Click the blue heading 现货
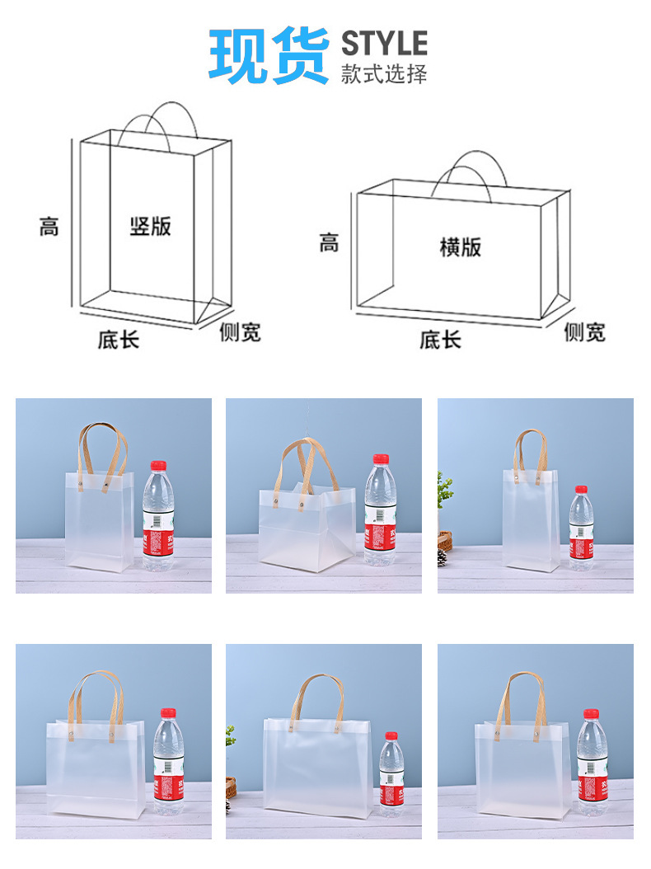269,55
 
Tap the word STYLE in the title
384,42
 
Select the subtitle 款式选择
384,73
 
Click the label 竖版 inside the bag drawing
151,225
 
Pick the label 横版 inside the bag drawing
460,247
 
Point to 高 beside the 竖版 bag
49,225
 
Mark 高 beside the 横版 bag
329,243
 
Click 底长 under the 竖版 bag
119,339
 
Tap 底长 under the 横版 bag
440,339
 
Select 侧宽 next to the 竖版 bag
240,332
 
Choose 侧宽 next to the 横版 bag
584,332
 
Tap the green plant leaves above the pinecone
444,491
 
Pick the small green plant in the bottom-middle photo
231,733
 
